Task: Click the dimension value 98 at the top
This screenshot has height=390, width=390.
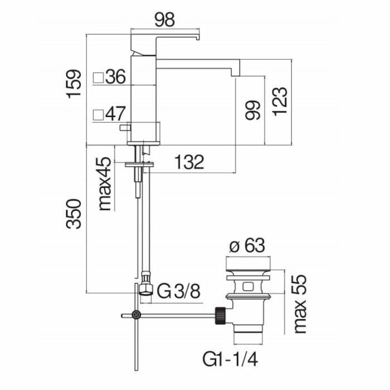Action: [165, 19]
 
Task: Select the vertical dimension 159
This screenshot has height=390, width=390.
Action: [74, 84]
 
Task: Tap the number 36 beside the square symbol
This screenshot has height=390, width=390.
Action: [115, 77]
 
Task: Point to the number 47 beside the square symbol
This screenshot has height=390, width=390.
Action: [116, 114]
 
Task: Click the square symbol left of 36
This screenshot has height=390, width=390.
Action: [98, 77]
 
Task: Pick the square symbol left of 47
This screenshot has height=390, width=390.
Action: [98, 115]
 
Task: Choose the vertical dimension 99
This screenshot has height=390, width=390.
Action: [253, 110]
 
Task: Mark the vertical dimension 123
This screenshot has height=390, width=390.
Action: [280, 101]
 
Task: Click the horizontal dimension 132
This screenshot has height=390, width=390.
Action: [189, 162]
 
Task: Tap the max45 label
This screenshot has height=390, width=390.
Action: [105, 184]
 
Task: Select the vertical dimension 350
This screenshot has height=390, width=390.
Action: [74, 213]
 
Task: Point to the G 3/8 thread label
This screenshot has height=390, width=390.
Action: [179, 291]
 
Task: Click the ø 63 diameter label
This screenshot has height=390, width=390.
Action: [247, 246]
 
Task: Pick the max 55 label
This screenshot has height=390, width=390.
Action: [300, 304]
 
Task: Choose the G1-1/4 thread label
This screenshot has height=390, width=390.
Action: [230, 359]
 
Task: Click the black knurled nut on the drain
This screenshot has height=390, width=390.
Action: [221, 316]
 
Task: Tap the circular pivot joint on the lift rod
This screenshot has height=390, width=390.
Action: [136, 315]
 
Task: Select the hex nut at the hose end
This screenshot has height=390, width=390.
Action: [146, 289]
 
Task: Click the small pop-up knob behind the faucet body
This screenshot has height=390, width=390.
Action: [125, 128]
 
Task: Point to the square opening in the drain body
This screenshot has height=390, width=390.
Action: [247, 286]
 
